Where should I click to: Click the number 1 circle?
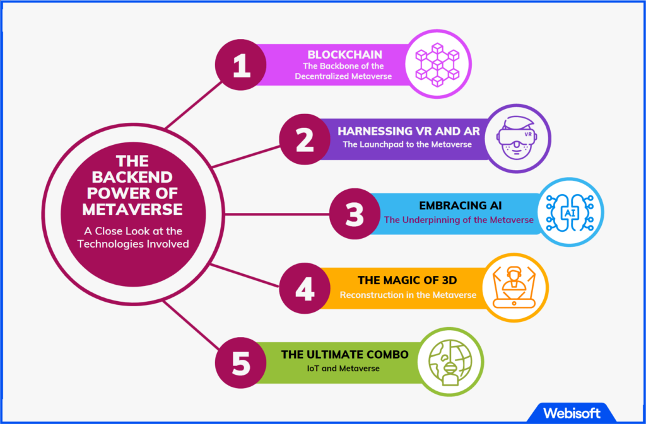pos(240,64)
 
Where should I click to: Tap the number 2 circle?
pos(305,139)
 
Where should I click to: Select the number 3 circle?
pos(355,214)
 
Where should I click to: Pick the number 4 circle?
pos(305,289)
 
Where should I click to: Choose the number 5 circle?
pos(240,363)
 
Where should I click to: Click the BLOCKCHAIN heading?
pos(345,54)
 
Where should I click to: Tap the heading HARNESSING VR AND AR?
pos(409,131)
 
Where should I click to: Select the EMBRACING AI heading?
pos(460,205)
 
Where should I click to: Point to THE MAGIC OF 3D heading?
pos(407,280)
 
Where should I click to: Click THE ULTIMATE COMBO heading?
pos(345,355)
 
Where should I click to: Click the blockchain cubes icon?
pos(438,64)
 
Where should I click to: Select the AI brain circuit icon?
pos(570,212)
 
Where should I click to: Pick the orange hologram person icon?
pos(514,287)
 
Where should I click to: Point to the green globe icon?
pos(450,362)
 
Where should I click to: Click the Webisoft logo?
pos(572,413)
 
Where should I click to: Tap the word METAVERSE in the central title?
pos(132,209)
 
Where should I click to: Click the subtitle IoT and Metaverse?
pos(343,369)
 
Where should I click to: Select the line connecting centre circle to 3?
pos(277,214)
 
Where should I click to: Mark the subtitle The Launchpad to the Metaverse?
pos(407,145)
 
